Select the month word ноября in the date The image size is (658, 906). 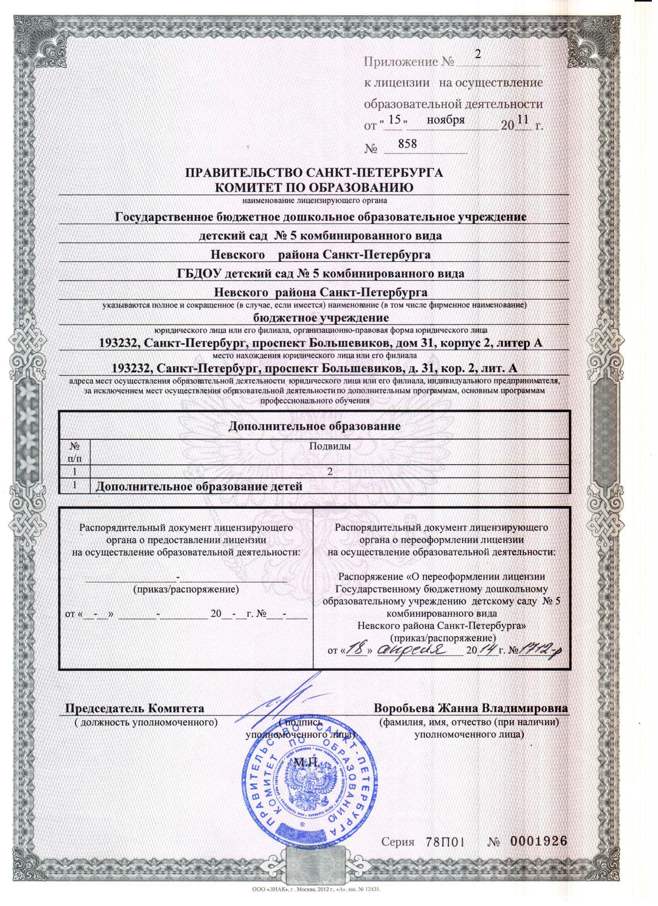click(x=446, y=120)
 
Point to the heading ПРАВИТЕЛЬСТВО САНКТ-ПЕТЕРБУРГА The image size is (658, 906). click(x=314, y=173)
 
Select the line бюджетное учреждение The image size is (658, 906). click(x=321, y=319)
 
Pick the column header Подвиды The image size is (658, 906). click(x=330, y=446)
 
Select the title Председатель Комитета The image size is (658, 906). click(x=135, y=708)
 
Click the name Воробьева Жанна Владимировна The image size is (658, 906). click(x=470, y=708)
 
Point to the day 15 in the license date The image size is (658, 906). click(x=394, y=120)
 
